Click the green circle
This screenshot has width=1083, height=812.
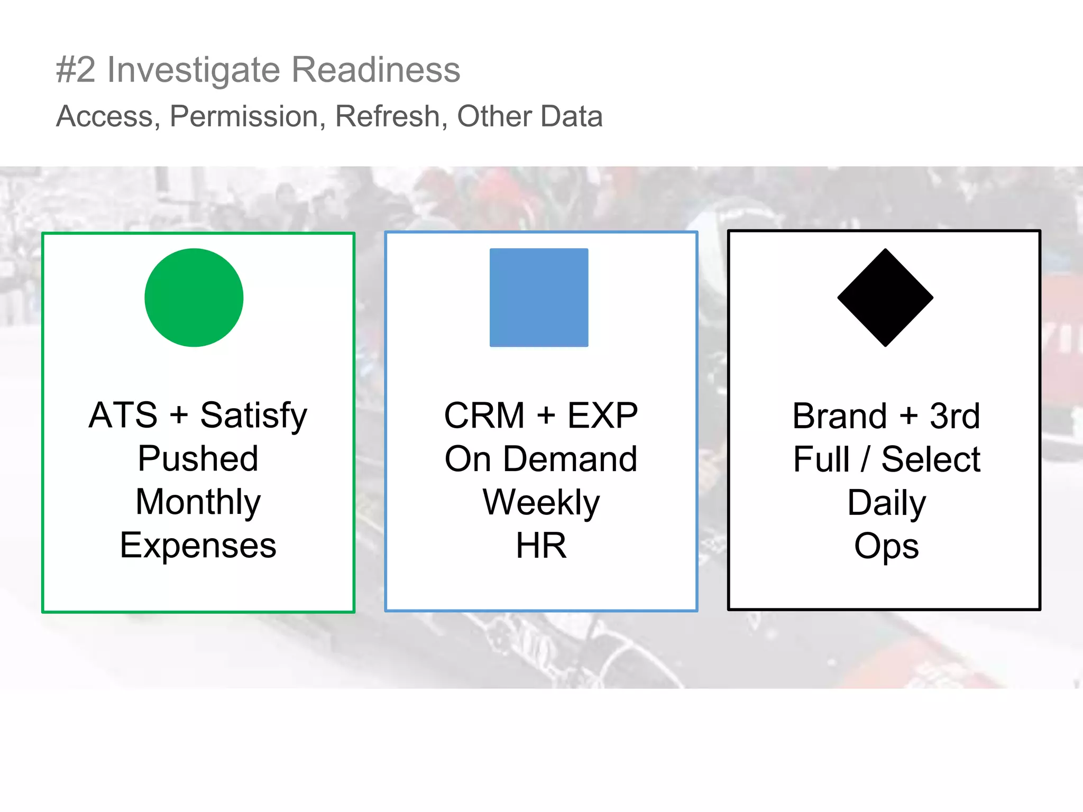pyautogui.click(x=194, y=298)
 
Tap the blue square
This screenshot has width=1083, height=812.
pyautogui.click(x=539, y=298)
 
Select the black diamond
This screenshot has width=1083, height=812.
pyautogui.click(x=885, y=298)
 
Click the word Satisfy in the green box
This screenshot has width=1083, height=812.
pyautogui.click(x=253, y=416)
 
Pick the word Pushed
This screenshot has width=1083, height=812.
pyautogui.click(x=198, y=458)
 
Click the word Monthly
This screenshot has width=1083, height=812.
pyautogui.click(x=198, y=502)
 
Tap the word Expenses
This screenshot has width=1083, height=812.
pyautogui.click(x=198, y=546)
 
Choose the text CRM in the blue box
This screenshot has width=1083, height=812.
pyautogui.click(x=484, y=416)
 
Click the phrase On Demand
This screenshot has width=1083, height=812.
pyautogui.click(x=541, y=459)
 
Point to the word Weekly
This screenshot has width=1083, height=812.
pyautogui.click(x=541, y=502)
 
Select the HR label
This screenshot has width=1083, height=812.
pyautogui.click(x=541, y=546)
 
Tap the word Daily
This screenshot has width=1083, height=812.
pyautogui.click(x=886, y=503)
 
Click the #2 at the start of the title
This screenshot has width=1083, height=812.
pyautogui.click(x=76, y=70)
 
